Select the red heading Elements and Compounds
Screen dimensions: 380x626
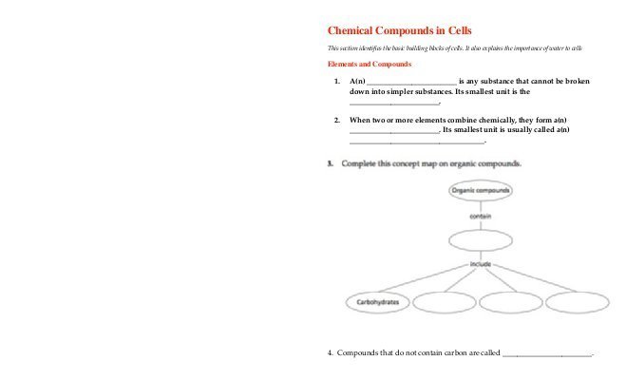pyautogui.click(x=369, y=65)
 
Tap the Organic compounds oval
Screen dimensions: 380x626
pyautogui.click(x=481, y=190)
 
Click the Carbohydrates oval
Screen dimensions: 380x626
pyautogui.click(x=376, y=303)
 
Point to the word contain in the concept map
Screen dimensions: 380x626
pyautogui.click(x=481, y=216)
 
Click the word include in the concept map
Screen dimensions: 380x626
pyautogui.click(x=480, y=263)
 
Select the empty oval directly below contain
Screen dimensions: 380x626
pyautogui.click(x=481, y=239)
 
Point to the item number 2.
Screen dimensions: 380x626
pyautogui.click(x=337, y=120)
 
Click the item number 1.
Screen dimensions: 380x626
pyautogui.click(x=337, y=82)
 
